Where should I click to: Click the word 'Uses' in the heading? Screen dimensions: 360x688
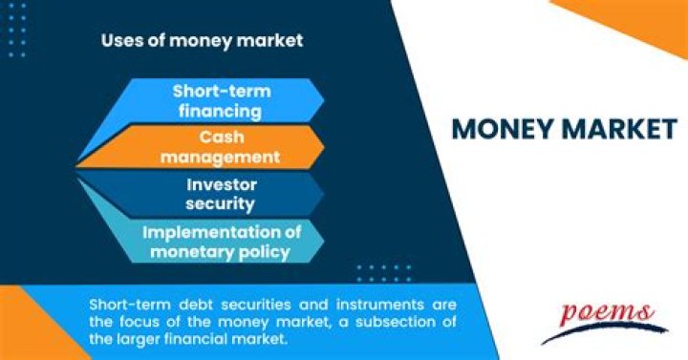119,41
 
